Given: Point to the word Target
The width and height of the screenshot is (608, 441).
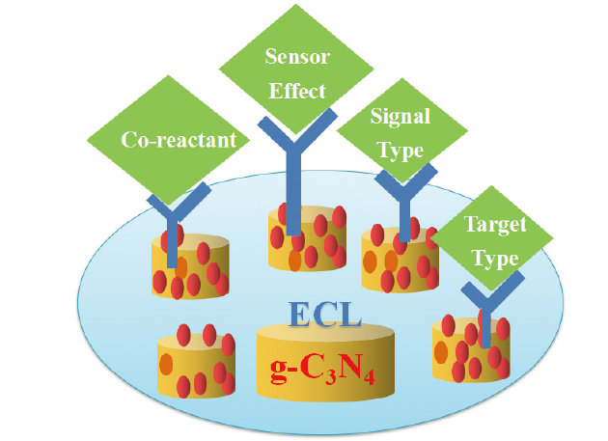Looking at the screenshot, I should coord(496,226).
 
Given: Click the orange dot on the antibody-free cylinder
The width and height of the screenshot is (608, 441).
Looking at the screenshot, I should coord(165,365).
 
